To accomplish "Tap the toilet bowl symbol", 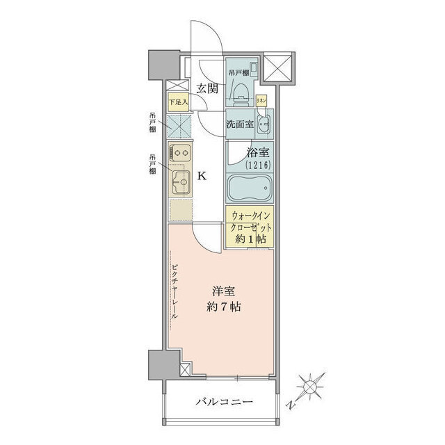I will (238, 90).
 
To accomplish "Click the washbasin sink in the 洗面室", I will (263, 127).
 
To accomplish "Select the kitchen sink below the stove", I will (180, 183).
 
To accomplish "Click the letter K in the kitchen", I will (202, 176).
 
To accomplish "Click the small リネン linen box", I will (261, 99).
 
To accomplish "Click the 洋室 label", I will (222, 291).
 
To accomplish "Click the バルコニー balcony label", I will (223, 402).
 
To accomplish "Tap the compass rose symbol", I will (309, 384).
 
